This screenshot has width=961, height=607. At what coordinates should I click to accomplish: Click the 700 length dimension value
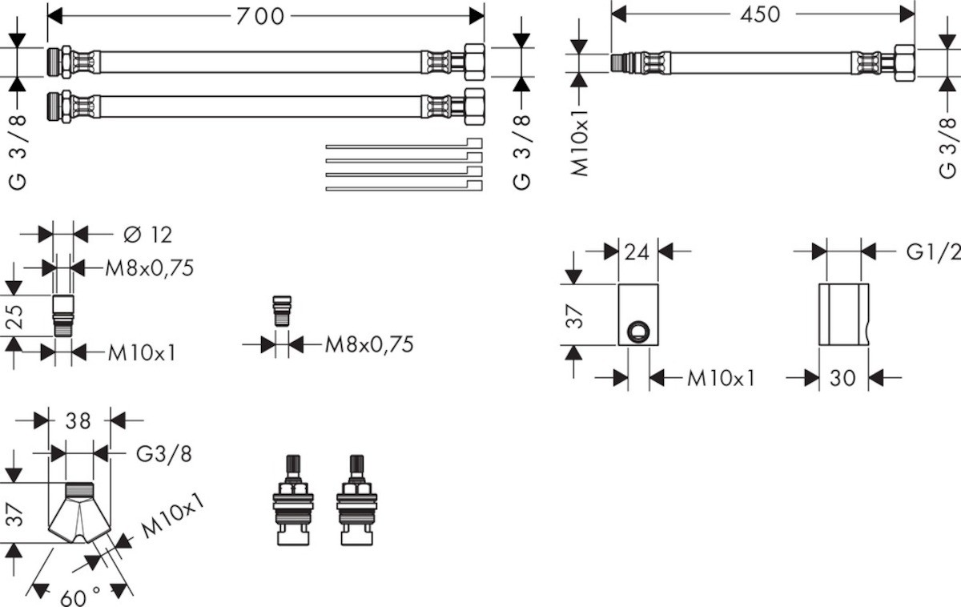(x=260, y=15)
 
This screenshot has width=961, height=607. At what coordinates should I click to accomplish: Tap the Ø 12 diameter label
(x=148, y=235)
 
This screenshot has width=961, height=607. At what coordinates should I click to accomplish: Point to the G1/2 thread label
(x=933, y=251)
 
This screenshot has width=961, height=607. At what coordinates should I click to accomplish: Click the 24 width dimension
(x=637, y=252)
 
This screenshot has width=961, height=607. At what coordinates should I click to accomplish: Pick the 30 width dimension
(x=842, y=377)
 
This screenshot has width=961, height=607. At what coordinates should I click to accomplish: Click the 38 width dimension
(x=78, y=420)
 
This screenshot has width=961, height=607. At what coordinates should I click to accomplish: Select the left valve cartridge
(x=292, y=500)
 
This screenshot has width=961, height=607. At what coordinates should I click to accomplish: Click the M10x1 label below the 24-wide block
(x=721, y=377)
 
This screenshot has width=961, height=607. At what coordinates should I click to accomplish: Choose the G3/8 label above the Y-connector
(x=163, y=454)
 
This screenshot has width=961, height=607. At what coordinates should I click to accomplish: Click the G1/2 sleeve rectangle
(x=842, y=314)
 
